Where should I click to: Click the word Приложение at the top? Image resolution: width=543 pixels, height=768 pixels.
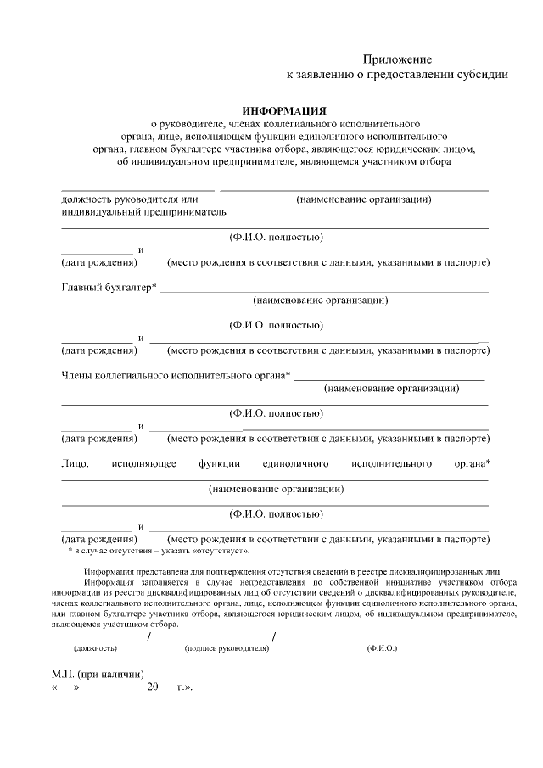[398, 59]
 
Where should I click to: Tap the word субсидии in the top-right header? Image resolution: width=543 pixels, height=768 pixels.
[483, 75]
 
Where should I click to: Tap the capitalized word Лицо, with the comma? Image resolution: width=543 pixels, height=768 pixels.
[76, 463]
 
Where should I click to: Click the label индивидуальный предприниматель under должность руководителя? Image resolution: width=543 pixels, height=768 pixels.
[143, 211]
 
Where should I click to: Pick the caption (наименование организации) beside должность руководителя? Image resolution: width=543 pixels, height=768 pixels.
[364, 199]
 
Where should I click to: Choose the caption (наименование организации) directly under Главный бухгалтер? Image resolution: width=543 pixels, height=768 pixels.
[321, 300]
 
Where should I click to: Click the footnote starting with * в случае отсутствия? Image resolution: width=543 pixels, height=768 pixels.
[159, 551]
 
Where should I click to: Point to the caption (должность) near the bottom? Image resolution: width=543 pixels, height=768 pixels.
[95, 648]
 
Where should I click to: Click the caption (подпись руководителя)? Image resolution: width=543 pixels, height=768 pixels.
[227, 648]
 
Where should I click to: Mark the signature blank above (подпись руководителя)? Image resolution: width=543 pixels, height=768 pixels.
[211, 638]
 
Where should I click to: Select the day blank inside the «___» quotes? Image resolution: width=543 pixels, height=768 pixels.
[65, 688]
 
